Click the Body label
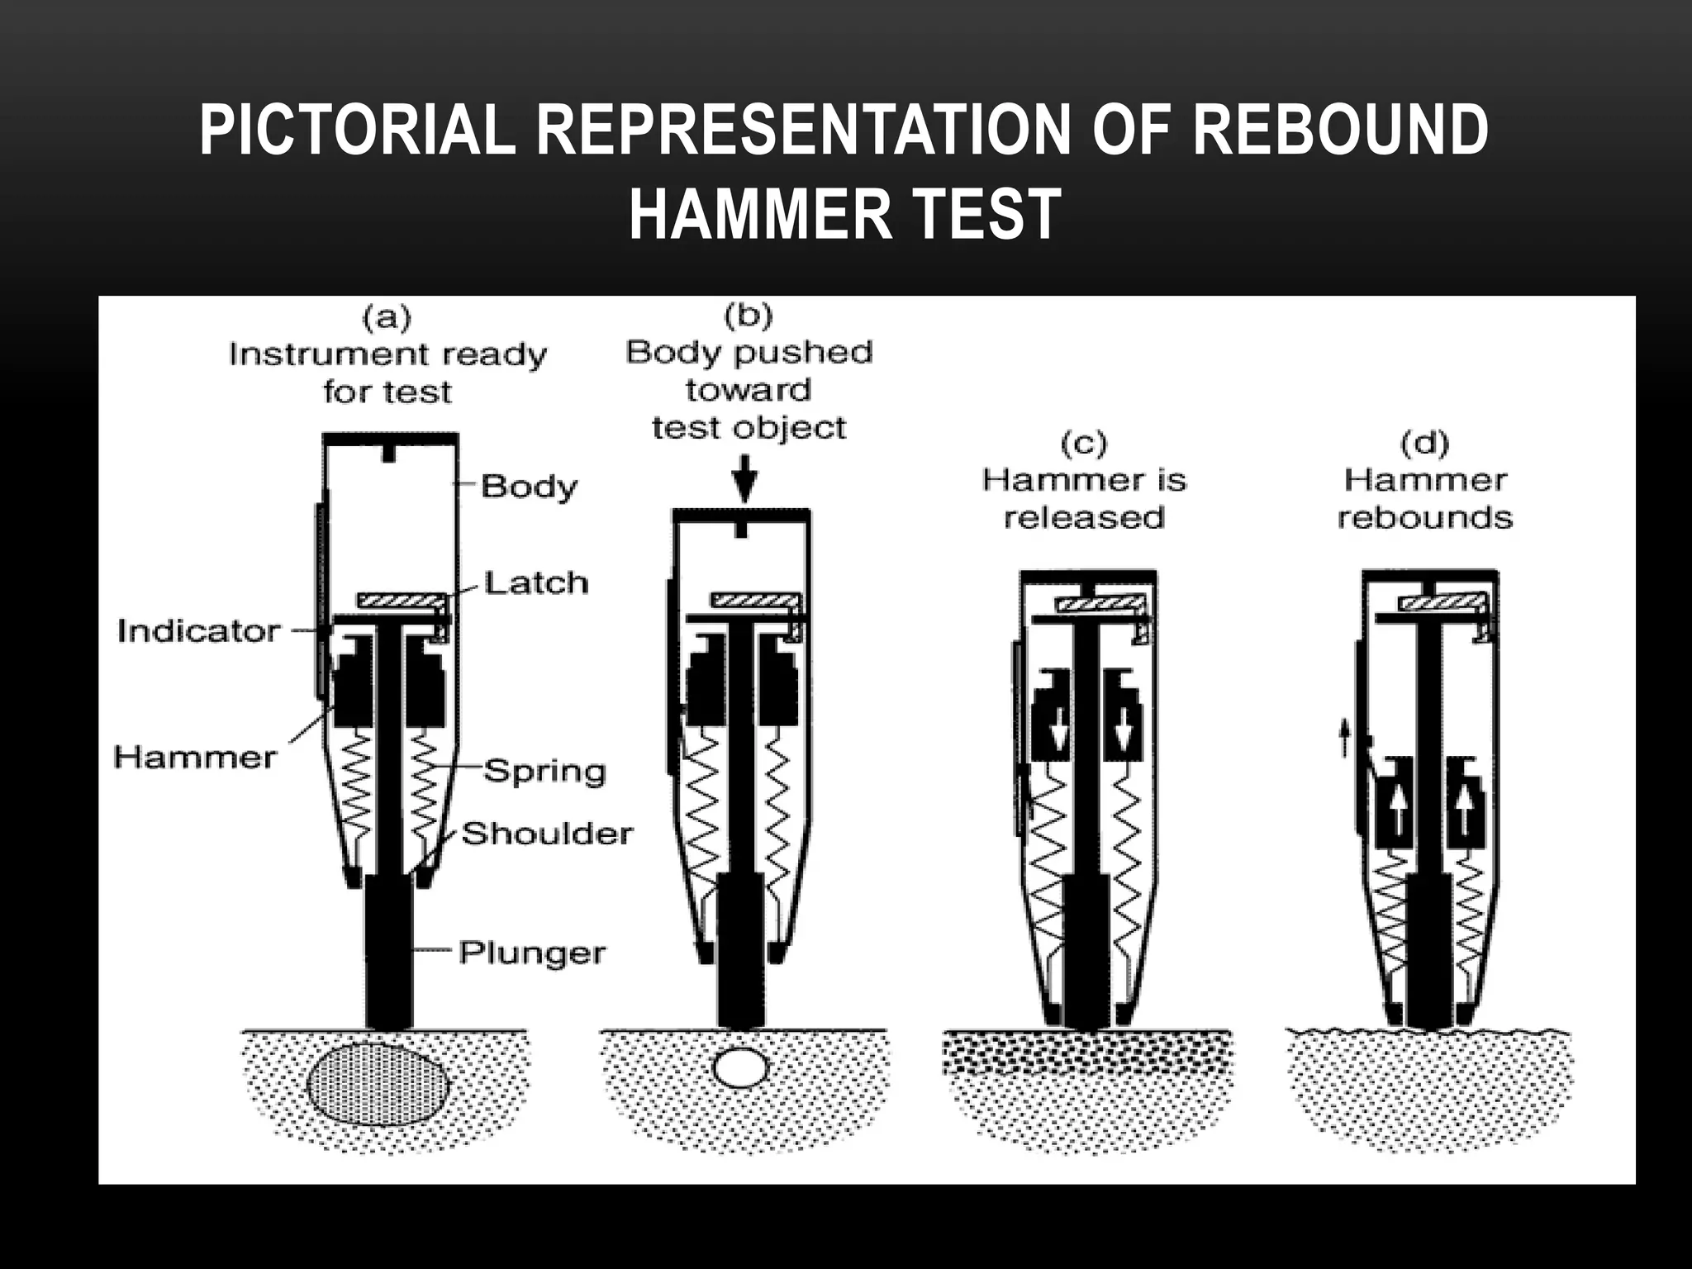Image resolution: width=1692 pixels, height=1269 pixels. pos(529,486)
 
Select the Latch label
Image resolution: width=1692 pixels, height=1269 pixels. pos(535,582)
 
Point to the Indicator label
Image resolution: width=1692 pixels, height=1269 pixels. pos(198,631)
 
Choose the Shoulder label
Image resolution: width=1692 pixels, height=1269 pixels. pos(547,834)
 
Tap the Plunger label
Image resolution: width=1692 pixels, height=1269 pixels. pos(532,953)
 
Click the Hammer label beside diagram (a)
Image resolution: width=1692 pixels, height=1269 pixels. pos(195,757)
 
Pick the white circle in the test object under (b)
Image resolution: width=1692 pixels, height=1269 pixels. pos(741,1067)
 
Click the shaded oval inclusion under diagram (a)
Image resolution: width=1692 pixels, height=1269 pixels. pos(378,1083)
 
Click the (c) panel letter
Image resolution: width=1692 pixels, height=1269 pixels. pos(1083,444)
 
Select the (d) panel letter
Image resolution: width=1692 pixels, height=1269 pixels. pos(1424,444)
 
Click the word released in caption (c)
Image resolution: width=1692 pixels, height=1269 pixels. pos(1083,518)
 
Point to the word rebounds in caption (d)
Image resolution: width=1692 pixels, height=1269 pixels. pos(1424,518)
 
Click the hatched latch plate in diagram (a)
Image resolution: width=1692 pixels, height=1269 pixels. pos(400,600)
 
